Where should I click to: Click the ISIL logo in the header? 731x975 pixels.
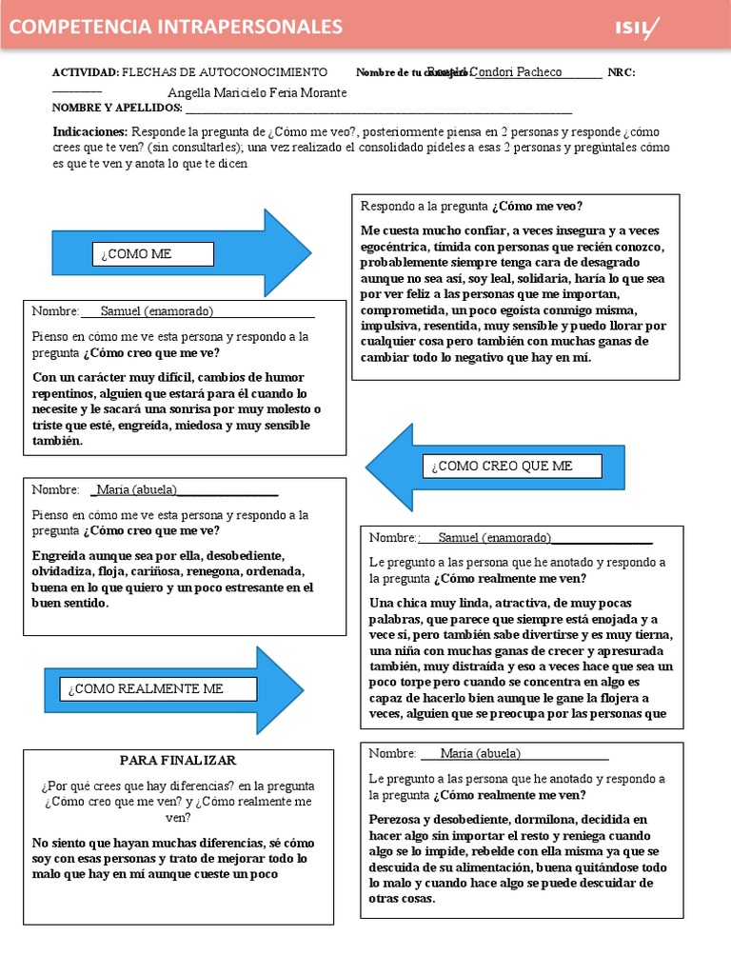click(637, 29)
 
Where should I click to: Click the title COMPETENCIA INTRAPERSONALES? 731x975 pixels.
click(176, 27)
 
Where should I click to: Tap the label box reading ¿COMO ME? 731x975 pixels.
click(152, 254)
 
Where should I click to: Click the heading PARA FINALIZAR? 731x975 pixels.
click(178, 761)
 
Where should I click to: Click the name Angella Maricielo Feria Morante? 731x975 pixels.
click(257, 92)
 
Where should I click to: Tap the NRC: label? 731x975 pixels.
click(621, 72)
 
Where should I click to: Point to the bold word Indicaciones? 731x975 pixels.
click(89, 131)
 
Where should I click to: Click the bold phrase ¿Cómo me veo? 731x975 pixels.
click(537, 207)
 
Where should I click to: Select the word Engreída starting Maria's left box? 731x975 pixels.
click(56, 555)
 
